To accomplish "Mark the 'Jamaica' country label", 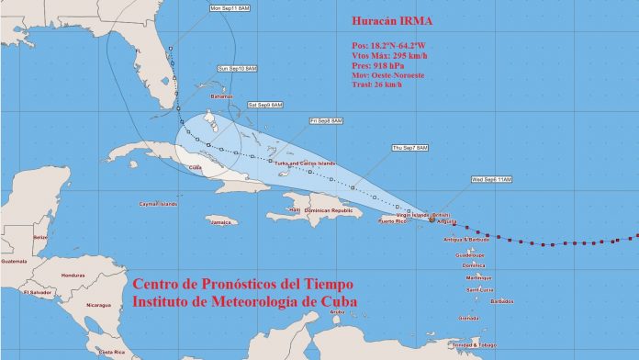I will pyautogui.click(x=221, y=221).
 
